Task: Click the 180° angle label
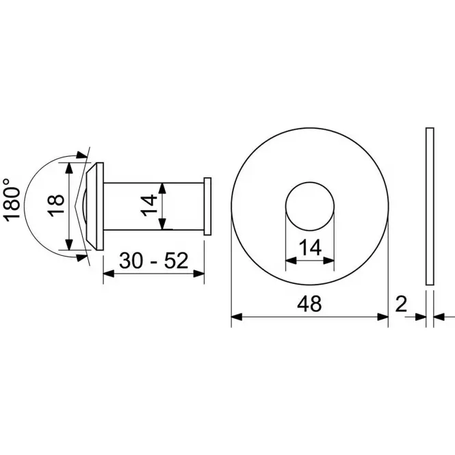coord(12,200)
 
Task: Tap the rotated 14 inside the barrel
coord(149,206)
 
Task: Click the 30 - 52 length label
coord(153,261)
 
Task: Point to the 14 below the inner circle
coord(310,248)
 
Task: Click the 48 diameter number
coord(309,304)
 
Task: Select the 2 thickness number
coord(402,304)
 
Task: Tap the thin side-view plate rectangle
coord(430,207)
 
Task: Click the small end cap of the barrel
coord(207,207)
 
